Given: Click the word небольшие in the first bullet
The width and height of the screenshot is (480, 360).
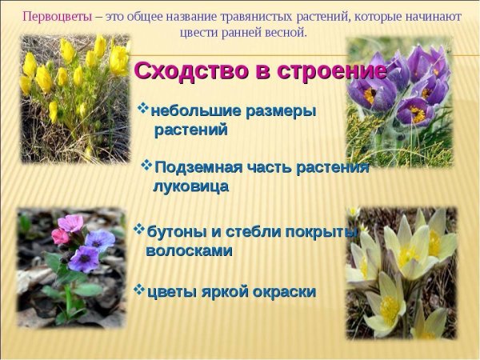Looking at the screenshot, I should tap(190, 110).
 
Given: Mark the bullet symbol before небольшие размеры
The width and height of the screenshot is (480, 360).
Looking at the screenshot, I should tap(143, 107).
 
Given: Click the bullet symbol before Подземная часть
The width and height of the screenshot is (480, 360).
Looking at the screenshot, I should tap(146, 165).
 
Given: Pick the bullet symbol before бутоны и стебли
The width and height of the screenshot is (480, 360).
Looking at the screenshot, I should tap(140, 230).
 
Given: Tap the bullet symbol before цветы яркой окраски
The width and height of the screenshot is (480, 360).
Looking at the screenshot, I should tap(139, 289).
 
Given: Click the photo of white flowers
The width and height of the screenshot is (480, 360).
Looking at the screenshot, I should tap(401, 272).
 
